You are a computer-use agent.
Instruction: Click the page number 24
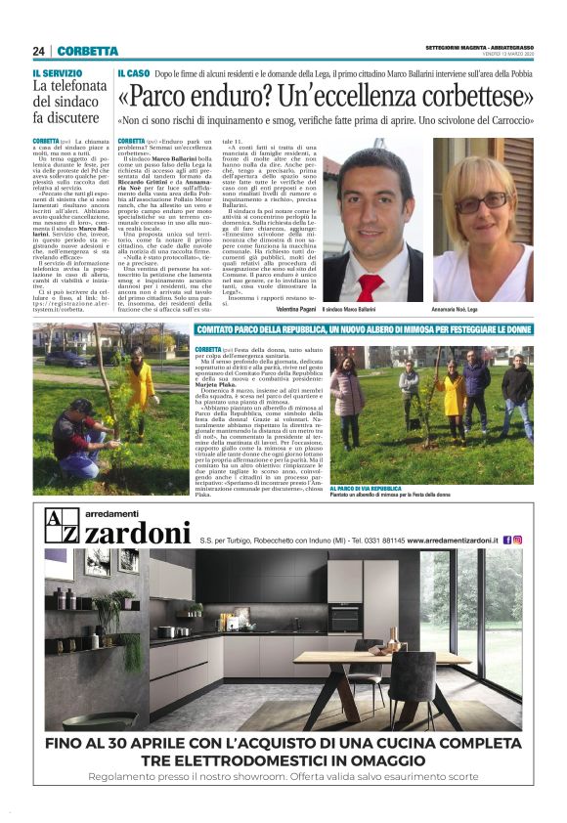point(38,51)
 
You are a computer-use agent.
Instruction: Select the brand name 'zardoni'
point(138,534)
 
